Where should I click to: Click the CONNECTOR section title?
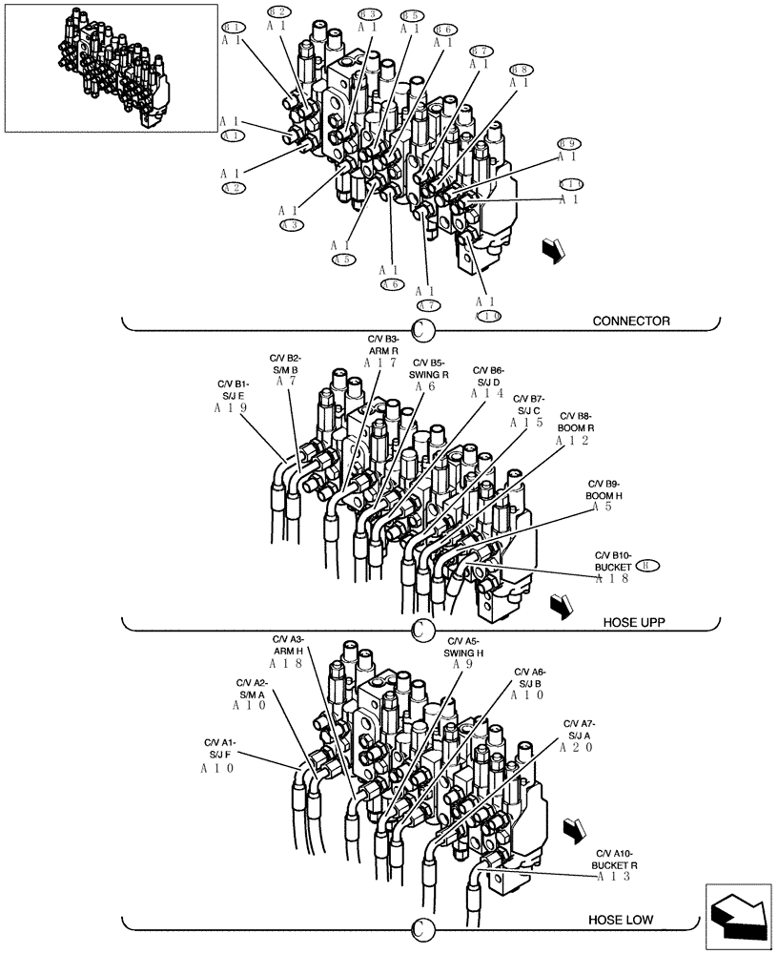coord(630,321)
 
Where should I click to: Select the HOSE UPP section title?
coord(633,622)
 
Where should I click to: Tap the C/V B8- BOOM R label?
coord(576,422)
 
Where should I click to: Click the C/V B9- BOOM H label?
coord(604,490)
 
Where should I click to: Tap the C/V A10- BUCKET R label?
coord(615,860)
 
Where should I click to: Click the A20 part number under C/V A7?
coord(577,749)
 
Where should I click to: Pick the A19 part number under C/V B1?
coord(231,407)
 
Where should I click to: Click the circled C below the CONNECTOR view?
coord(422,330)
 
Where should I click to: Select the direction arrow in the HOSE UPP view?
coord(561,605)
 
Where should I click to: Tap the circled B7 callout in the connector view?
coord(481,51)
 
